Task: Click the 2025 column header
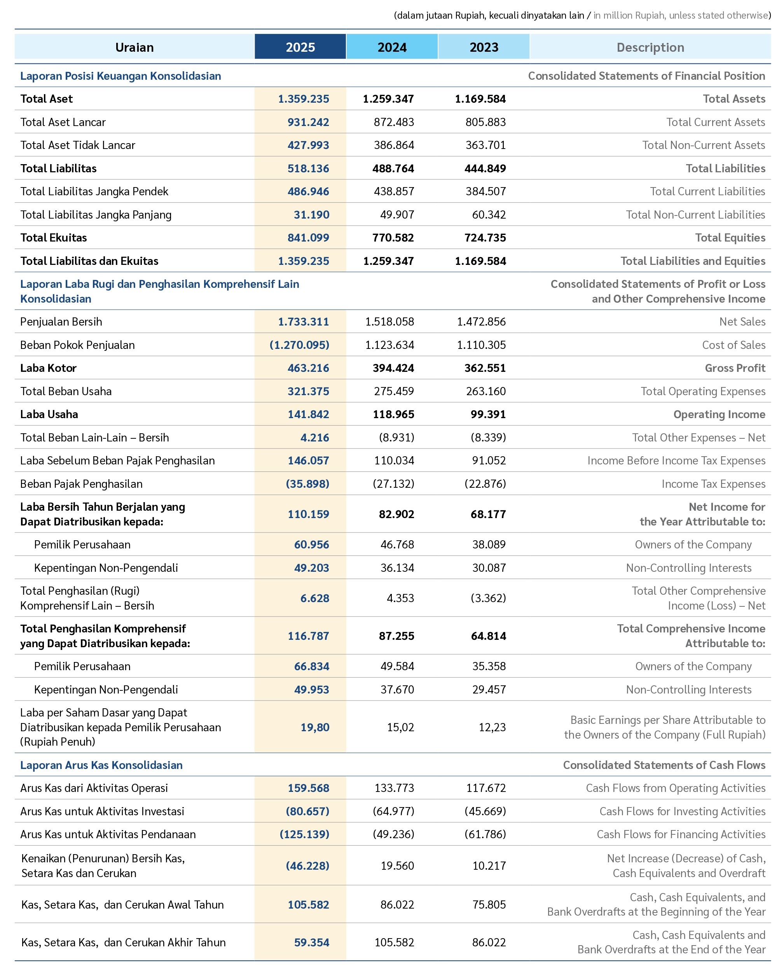(300, 47)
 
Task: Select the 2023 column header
(484, 47)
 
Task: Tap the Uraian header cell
(134, 47)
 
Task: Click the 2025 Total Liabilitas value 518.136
(308, 168)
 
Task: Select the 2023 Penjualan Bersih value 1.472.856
(481, 321)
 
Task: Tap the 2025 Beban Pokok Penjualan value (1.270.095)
(299, 345)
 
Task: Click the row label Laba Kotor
(48, 368)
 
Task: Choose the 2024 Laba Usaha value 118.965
(393, 414)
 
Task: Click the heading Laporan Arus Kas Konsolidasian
(101, 765)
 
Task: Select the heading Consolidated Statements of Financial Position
(646, 76)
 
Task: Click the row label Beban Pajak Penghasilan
(81, 484)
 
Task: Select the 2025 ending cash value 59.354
(311, 942)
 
